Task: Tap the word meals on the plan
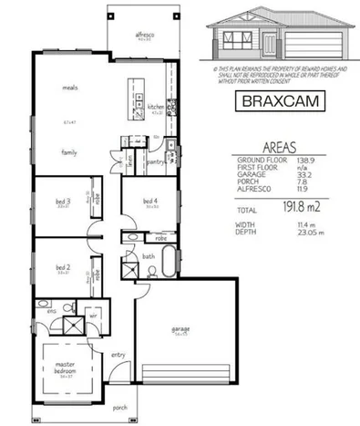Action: tap(68, 89)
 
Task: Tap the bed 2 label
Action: tap(63, 266)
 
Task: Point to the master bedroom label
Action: tap(63, 369)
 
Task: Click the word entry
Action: tap(118, 355)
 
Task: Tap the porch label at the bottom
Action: tap(119, 408)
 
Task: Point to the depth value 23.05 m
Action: tap(306, 233)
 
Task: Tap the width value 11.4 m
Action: tap(303, 224)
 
